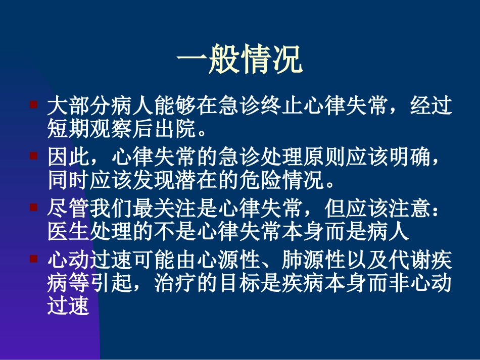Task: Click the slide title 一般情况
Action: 240,61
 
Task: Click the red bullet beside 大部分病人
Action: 33,105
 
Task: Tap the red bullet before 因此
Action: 33,156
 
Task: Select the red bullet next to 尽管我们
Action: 33,208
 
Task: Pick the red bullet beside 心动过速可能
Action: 33,259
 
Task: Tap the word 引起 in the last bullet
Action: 112,283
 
